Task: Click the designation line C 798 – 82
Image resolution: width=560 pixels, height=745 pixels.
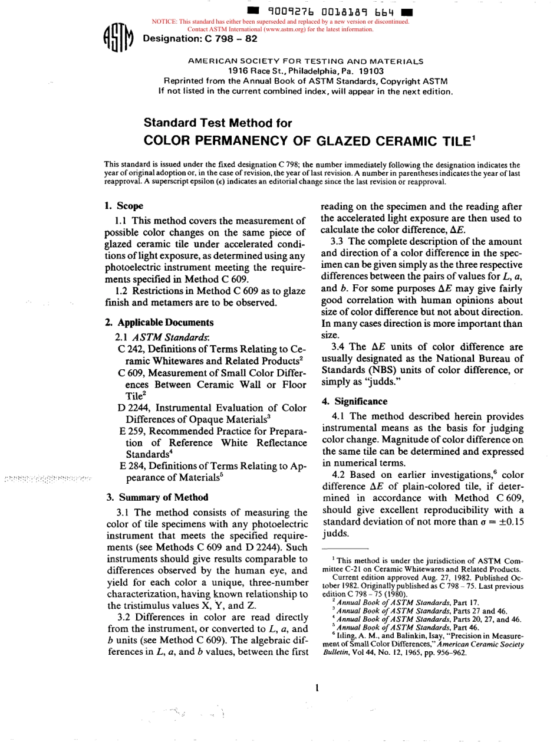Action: [200, 40]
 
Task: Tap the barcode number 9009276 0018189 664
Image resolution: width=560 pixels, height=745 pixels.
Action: [330, 11]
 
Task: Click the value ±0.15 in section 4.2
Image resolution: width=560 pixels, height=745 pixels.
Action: [509, 522]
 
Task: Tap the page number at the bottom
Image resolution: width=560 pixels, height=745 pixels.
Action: [317, 687]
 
